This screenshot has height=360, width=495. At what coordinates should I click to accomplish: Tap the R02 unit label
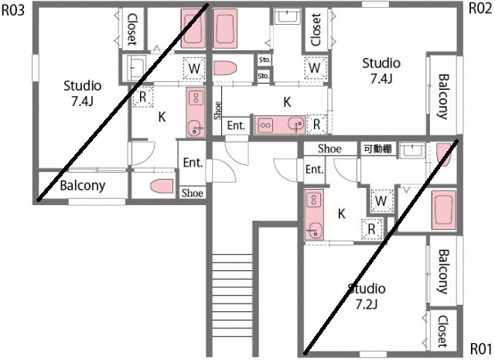point(480,9)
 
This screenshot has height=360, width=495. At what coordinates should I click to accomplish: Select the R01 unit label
point(480,348)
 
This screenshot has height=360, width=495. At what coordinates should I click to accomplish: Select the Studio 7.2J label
point(366,296)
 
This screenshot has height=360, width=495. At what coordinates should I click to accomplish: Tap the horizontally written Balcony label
point(83,186)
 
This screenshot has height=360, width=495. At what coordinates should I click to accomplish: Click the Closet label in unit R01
point(442,331)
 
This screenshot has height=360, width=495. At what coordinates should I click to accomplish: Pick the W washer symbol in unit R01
point(380,201)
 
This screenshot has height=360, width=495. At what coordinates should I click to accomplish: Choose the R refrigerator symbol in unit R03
point(144,98)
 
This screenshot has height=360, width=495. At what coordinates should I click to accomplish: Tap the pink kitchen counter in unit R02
point(279,124)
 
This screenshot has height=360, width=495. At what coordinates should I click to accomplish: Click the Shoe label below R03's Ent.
point(192,193)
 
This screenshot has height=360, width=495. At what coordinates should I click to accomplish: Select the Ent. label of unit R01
point(314,170)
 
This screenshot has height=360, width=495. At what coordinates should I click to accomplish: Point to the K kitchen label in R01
point(341,214)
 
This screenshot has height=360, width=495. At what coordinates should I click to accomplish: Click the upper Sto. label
point(264,60)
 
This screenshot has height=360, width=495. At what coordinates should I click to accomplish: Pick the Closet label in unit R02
point(316,29)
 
